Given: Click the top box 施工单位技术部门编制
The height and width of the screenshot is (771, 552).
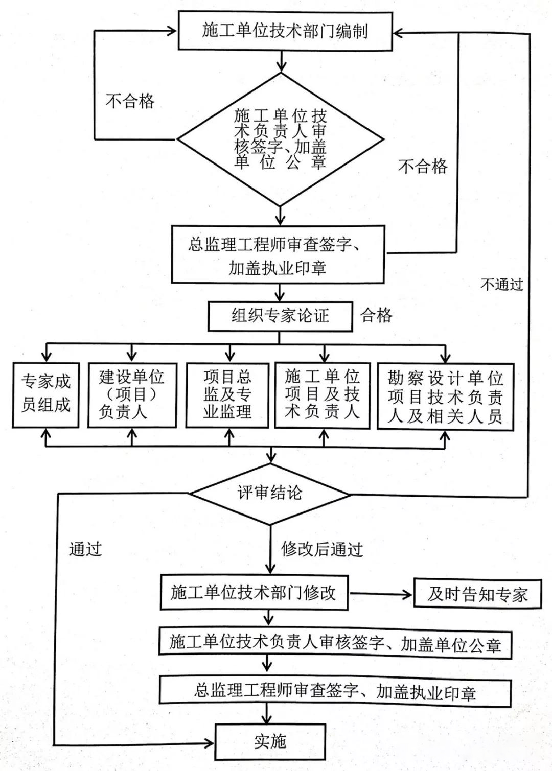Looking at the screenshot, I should click(285, 31).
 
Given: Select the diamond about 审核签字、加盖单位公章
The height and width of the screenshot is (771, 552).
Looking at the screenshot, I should click(280, 139).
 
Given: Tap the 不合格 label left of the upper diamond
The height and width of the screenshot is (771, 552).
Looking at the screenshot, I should click(130, 101).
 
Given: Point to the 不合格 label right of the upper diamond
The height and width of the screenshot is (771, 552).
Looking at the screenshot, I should click(423, 166).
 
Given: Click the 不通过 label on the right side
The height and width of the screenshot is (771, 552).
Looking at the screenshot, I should click(501, 284).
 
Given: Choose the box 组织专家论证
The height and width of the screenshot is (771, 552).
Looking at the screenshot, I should click(280, 316).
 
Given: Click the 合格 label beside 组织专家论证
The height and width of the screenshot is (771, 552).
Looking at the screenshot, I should click(377, 315).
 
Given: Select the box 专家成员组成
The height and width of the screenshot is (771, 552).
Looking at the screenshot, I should click(46, 394).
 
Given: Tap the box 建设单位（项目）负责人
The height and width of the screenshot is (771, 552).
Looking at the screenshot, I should click(132, 394).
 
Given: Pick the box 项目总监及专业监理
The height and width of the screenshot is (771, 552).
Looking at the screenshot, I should click(227, 394).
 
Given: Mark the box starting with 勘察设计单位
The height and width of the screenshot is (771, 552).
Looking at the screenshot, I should click(445, 396).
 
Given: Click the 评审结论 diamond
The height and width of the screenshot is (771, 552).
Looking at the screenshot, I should click(269, 493).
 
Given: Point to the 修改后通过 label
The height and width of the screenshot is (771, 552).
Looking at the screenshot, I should click(322, 549).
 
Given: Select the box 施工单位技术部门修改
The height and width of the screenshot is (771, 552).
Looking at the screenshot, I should click(254, 592).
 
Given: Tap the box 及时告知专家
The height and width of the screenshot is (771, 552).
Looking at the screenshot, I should click(477, 594).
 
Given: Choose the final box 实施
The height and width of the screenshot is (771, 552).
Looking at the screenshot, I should click(270, 741).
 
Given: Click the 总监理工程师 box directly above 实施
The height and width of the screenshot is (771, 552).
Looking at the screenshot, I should click(335, 692).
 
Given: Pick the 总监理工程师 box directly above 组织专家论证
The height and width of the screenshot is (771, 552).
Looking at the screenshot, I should click(278, 255).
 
